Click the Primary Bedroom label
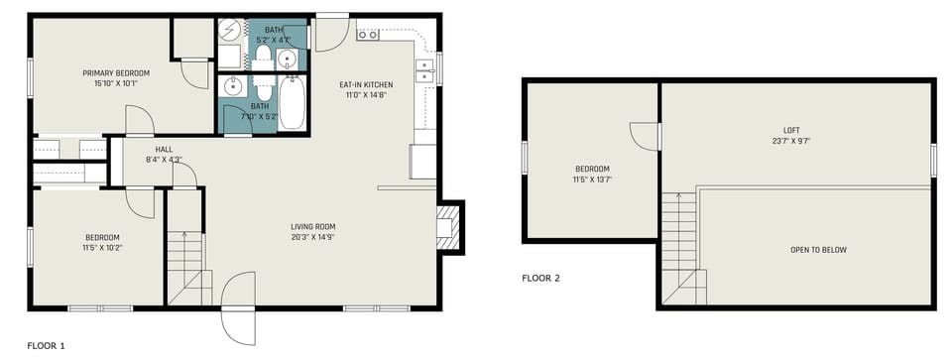(116, 73)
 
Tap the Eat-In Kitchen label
(365, 85)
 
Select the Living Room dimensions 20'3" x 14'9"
(312, 237)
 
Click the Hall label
(165, 150)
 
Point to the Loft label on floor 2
(790, 130)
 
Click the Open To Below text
(818, 250)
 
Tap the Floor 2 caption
(540, 279)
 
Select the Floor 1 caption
(46, 346)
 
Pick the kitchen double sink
(424, 69)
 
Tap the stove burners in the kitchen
(367, 35)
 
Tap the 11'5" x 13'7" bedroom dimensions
(591, 180)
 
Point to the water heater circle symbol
(229, 29)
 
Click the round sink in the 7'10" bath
(234, 86)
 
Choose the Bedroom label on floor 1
(101, 237)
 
